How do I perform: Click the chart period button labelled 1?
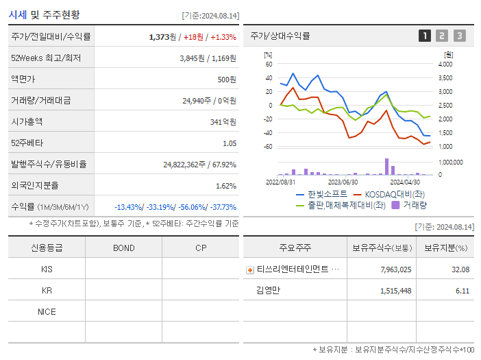pyautogui.click(x=425, y=36)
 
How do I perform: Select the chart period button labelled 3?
pyautogui.click(x=459, y=36)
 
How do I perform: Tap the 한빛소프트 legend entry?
pyautogui.click(x=321, y=194)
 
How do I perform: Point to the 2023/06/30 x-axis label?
pyautogui.click(x=343, y=182)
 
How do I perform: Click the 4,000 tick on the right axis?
pyautogui.click(x=445, y=64)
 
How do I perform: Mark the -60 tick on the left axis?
pyautogui.click(x=268, y=147)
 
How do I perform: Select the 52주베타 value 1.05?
pyautogui.click(x=230, y=143)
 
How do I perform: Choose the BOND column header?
pyautogui.click(x=123, y=248)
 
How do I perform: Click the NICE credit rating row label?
pyautogui.click(x=47, y=311)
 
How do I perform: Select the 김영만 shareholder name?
pyautogui.click(x=268, y=290)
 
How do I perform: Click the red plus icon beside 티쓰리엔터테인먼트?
pyautogui.click(x=249, y=269)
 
